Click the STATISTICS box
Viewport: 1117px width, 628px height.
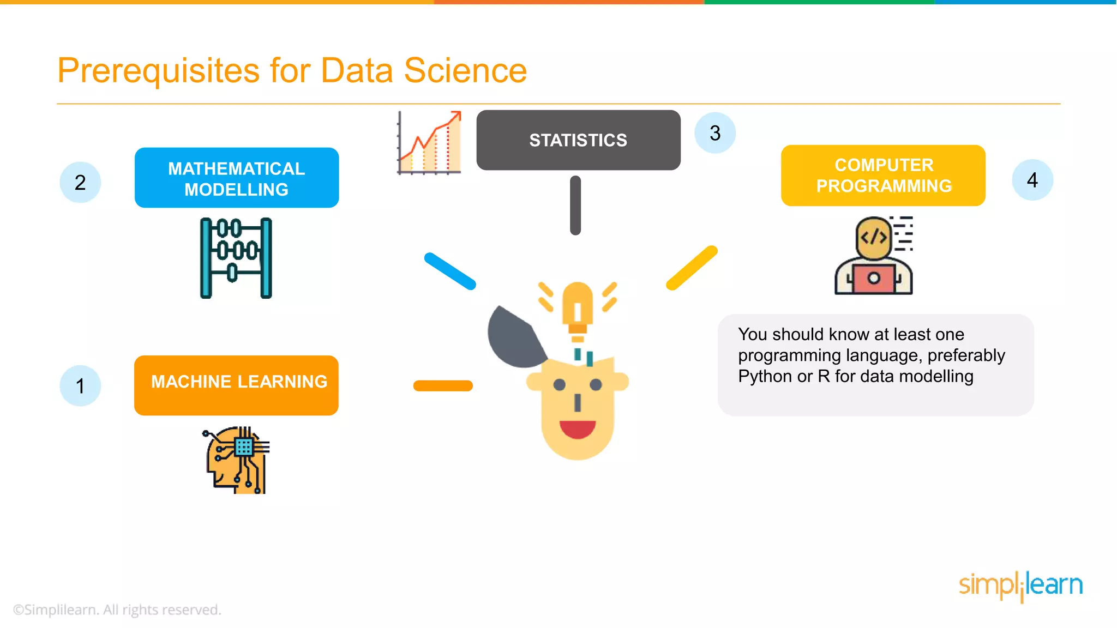click(578, 140)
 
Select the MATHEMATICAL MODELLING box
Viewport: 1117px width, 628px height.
click(237, 178)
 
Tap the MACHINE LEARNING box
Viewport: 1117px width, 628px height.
click(236, 385)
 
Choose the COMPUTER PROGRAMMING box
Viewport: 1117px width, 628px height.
click(883, 176)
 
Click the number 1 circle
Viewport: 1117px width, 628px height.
click(80, 386)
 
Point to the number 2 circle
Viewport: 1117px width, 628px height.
click(80, 182)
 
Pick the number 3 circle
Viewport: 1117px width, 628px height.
click(715, 133)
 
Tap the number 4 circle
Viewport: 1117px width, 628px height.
click(1032, 180)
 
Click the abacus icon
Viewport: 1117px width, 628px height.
click(236, 258)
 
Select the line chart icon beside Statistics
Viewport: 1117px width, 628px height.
click(430, 143)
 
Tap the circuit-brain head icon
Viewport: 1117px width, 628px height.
click(237, 460)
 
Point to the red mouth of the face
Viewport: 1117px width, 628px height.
click(577, 429)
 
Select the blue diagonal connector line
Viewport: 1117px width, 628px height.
click(450, 271)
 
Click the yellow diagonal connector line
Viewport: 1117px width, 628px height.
click(692, 268)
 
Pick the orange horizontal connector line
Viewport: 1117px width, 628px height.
click(443, 386)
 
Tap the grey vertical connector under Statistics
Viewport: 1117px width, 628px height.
click(575, 205)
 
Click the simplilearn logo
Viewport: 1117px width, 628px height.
click(1020, 585)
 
